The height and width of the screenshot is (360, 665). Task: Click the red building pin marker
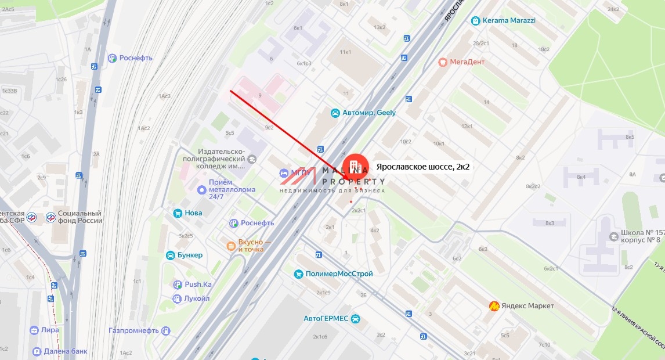point(356,167)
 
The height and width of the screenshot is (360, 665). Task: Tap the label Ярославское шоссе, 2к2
point(422,167)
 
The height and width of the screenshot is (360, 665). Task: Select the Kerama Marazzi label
point(509,20)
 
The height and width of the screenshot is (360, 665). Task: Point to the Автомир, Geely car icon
point(335,113)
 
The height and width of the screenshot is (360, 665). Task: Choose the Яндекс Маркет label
point(528,306)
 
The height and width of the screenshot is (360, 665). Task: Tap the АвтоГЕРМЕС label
point(326,319)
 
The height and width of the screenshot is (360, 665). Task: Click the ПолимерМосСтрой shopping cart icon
point(298,273)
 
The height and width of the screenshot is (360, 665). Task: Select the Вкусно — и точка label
point(251,246)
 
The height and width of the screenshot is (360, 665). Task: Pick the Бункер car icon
point(171,255)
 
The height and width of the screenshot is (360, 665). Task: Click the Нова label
point(193,213)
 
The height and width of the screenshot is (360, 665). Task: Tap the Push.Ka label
point(198,285)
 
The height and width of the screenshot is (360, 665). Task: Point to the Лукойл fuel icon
point(177,298)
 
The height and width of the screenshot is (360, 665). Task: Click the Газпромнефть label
point(133,330)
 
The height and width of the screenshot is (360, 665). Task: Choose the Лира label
point(50,330)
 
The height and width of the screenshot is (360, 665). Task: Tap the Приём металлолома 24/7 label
point(232,189)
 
